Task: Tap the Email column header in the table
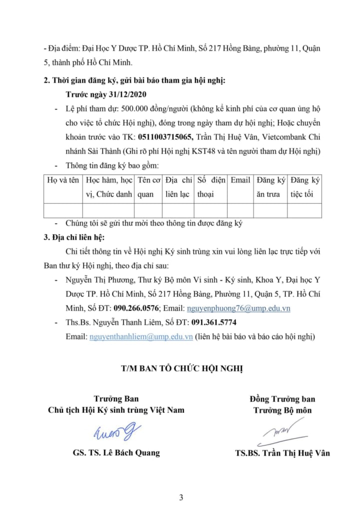(240, 180)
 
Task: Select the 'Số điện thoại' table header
(211, 187)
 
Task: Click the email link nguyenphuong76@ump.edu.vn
(238, 308)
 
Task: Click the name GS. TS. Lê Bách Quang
(116, 452)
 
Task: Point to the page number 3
(181, 497)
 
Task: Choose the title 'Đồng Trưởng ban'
(282, 399)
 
